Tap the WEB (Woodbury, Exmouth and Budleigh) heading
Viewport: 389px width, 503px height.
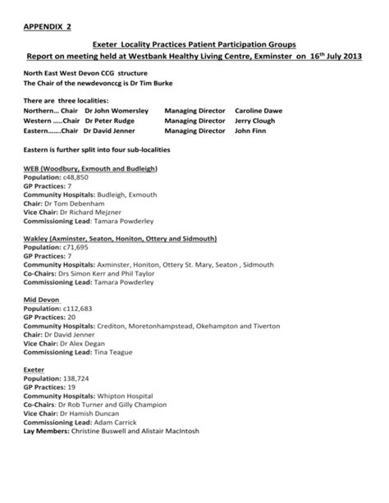tap(90, 167)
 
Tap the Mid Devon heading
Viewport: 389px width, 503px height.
tap(40, 300)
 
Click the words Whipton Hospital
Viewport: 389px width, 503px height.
tap(137, 396)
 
